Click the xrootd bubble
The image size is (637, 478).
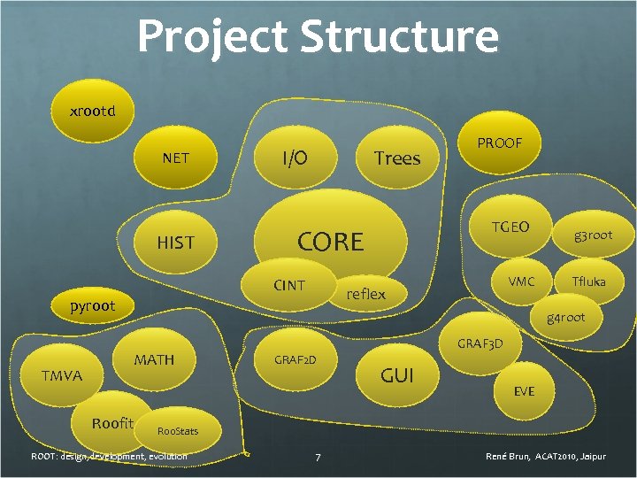click(x=92, y=112)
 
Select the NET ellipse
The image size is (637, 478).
click(x=175, y=158)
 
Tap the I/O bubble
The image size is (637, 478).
click(x=295, y=158)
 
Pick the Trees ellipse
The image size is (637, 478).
click(x=396, y=158)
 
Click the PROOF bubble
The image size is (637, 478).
click(x=500, y=143)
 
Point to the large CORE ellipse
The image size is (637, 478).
click(x=330, y=239)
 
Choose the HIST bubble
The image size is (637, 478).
click(x=175, y=242)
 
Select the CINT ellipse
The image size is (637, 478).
click(x=288, y=285)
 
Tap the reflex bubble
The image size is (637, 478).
click(x=365, y=294)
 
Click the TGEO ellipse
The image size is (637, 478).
click(x=510, y=227)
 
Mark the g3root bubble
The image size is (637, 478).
click(x=592, y=235)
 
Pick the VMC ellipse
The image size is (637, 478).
click(x=521, y=281)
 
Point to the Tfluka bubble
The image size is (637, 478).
click(x=588, y=281)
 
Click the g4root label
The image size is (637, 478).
click(x=565, y=317)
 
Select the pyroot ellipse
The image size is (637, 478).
click(x=93, y=306)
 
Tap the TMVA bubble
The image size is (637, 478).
click(x=61, y=376)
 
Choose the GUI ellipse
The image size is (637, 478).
click(x=396, y=375)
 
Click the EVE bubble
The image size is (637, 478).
click(x=524, y=390)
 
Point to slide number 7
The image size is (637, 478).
click(x=318, y=457)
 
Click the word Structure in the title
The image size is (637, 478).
click(x=399, y=37)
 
